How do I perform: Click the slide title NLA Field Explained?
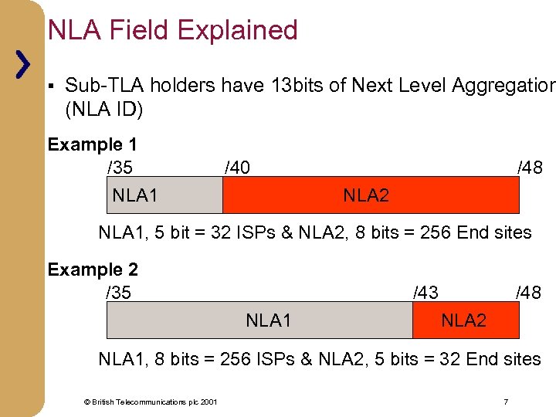[x=172, y=30]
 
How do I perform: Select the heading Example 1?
[x=92, y=144]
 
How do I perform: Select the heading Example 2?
[x=93, y=270]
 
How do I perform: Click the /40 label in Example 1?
[x=236, y=167]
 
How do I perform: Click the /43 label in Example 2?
[x=425, y=292]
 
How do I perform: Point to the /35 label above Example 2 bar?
[x=118, y=292]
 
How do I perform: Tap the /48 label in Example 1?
[x=530, y=167]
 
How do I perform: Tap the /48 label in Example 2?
[x=528, y=292]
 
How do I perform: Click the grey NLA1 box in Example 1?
[x=164, y=195]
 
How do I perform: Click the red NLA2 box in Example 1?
[x=371, y=195]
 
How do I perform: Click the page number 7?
[x=505, y=402]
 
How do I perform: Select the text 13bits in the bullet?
[x=297, y=85]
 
